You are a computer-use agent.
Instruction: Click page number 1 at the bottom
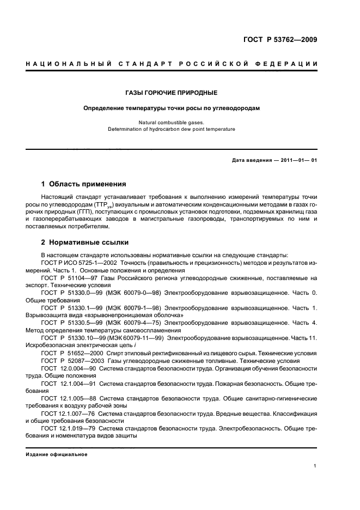point(315,466)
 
